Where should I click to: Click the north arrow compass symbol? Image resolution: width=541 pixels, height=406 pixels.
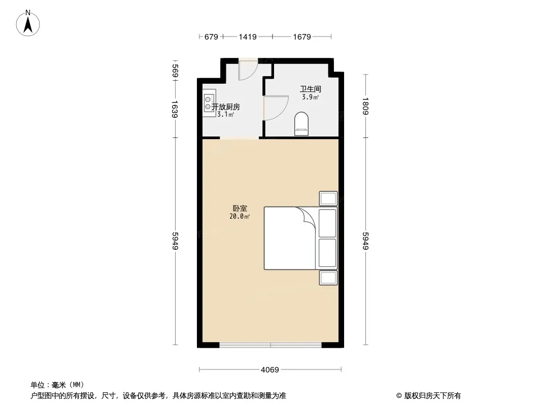28,23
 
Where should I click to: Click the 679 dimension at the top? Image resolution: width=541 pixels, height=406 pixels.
211,37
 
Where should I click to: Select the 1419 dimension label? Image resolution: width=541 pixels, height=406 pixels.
248,37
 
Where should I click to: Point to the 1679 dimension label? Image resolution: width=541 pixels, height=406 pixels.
302,37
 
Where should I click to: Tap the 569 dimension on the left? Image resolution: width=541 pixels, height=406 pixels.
175,71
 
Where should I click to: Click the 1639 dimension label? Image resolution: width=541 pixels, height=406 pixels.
175,109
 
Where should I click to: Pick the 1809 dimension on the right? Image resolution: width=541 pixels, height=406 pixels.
366,106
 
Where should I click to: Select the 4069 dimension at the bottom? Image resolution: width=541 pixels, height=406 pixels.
270,370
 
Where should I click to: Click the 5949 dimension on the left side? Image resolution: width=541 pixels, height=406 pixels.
175,241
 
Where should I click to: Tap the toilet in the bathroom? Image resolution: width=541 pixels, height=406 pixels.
301,123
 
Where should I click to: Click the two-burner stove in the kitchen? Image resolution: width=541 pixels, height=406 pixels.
209,103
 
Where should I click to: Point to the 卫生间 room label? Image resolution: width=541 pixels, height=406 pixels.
311,89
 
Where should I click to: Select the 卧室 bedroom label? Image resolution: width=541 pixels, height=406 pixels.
240,209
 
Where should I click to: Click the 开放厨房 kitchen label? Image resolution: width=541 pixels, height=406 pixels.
226,107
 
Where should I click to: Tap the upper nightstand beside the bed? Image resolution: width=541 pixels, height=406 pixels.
328,199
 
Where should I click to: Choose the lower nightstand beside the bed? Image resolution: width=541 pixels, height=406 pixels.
328,278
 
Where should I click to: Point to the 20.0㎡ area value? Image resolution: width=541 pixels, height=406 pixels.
240,217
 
